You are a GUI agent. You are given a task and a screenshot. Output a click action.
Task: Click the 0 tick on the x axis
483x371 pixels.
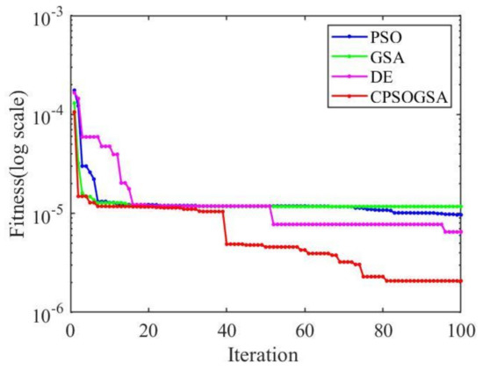[70, 331]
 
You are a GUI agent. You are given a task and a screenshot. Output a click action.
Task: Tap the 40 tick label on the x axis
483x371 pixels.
[227, 331]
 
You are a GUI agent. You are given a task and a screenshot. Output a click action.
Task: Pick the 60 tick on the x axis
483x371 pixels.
[305, 331]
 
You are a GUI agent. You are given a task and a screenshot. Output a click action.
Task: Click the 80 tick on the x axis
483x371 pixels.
[383, 331]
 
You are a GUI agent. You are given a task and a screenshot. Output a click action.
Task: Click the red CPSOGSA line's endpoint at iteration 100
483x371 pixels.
[461, 281]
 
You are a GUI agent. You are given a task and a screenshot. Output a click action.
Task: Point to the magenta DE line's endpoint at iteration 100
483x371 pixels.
[461, 232]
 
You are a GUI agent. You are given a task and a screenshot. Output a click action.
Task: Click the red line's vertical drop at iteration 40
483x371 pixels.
[226, 228]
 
